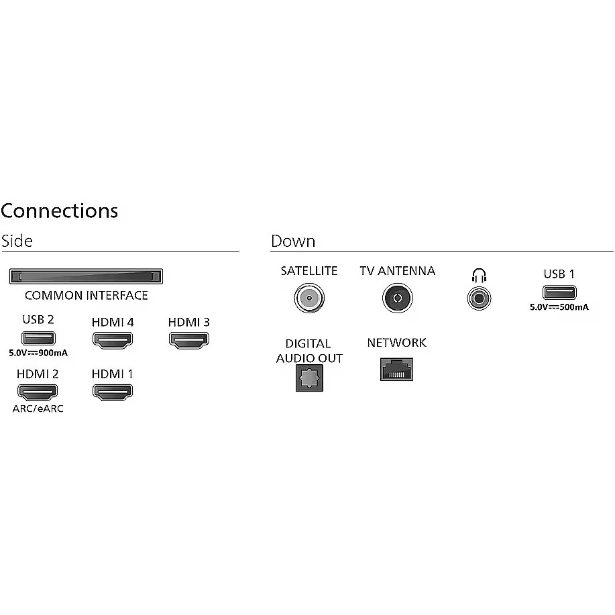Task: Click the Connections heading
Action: pyautogui.click(x=59, y=211)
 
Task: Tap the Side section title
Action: pyautogui.click(x=17, y=241)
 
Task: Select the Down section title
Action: pyautogui.click(x=293, y=241)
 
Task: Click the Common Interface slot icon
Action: pyautogui.click(x=86, y=276)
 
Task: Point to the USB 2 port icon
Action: pyautogui.click(x=38, y=338)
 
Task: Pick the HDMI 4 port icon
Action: pyautogui.click(x=112, y=340)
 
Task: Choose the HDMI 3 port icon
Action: pyautogui.click(x=188, y=340)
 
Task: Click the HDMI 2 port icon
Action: pyautogui.click(x=38, y=392)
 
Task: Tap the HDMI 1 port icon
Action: pyautogui.click(x=112, y=392)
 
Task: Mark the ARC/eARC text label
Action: pyautogui.click(x=38, y=408)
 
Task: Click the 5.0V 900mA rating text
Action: pyautogui.click(x=38, y=352)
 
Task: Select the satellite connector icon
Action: pyautogui.click(x=309, y=297)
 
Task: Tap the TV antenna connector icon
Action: pyautogui.click(x=397, y=297)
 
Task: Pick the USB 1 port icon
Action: pyautogui.click(x=559, y=292)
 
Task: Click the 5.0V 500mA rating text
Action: pyautogui.click(x=559, y=306)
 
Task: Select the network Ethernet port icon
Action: pyautogui.click(x=396, y=368)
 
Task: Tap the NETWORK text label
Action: pyautogui.click(x=396, y=343)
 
